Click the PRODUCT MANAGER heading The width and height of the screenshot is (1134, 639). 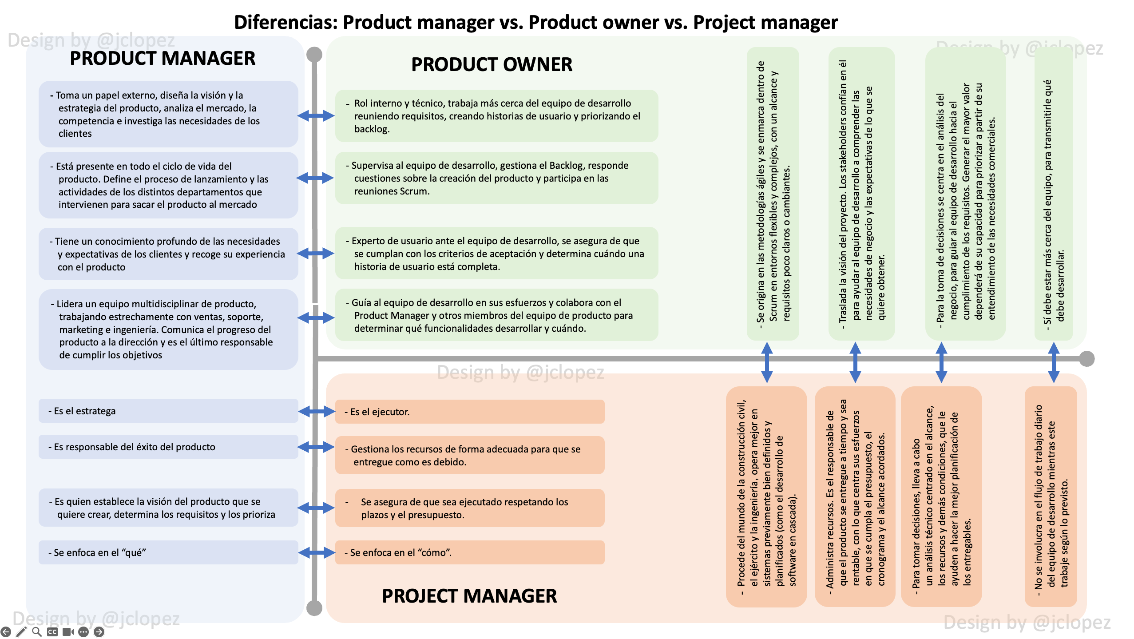pyautogui.click(x=163, y=59)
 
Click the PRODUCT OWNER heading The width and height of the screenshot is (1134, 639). pyautogui.click(x=492, y=65)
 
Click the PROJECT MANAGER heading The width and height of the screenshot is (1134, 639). pyautogui.click(x=469, y=596)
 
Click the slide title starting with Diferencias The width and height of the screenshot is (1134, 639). pyautogui.click(x=535, y=22)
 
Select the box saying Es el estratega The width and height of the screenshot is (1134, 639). pyautogui.click(x=168, y=411)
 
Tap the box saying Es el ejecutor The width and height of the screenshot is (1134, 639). pyautogui.click(x=469, y=412)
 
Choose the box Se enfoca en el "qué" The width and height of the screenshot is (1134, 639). pyautogui.click(x=168, y=552)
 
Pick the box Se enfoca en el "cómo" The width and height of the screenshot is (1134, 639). pyautogui.click(x=469, y=552)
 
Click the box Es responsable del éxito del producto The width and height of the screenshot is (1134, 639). pyautogui.click(x=168, y=447)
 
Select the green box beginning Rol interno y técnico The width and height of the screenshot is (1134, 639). pyautogui.click(x=496, y=116)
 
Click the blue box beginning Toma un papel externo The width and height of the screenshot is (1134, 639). pyautogui.click(x=168, y=114)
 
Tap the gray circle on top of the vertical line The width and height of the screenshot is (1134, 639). pyautogui.click(x=314, y=55)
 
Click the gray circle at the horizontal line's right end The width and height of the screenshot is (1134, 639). pyautogui.click(x=1086, y=358)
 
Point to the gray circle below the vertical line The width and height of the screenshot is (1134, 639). pyautogui.click(x=314, y=608)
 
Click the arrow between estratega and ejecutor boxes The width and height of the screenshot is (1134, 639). pyautogui.click(x=316, y=411)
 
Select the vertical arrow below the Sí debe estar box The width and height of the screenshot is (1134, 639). pyautogui.click(x=1054, y=362)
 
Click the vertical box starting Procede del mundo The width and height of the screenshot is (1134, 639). pyautogui.click(x=766, y=496)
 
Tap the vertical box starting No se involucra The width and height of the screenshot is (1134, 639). pyautogui.click(x=1051, y=496)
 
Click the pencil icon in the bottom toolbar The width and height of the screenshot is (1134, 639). pyautogui.click(x=21, y=631)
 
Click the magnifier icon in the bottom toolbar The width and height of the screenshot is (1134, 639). pyautogui.click(x=37, y=631)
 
